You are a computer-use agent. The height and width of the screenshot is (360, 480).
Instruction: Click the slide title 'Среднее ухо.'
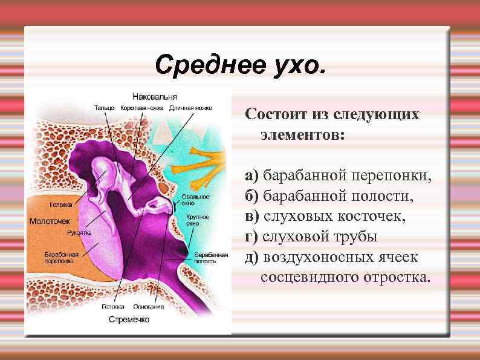tap(239, 64)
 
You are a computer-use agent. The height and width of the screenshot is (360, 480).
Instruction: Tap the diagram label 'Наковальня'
tap(155, 96)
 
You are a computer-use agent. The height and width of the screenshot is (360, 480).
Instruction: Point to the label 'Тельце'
tap(105, 108)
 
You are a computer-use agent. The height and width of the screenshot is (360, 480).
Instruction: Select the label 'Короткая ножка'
tap(141, 108)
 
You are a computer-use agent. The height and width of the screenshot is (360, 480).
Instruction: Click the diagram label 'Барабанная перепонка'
tap(59, 258)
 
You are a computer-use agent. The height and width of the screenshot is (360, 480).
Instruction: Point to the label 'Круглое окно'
tap(198, 220)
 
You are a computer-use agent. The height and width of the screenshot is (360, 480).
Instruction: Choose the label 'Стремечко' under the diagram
tap(128, 318)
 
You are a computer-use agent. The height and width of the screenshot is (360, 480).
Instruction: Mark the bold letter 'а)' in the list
tap(252, 175)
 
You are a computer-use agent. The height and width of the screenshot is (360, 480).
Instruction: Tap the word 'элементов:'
tap(302, 134)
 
